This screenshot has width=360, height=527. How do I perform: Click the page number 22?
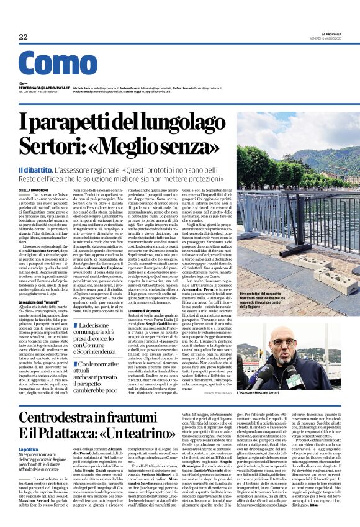click(x=24, y=37)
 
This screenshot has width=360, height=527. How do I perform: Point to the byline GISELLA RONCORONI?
click(x=34, y=190)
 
